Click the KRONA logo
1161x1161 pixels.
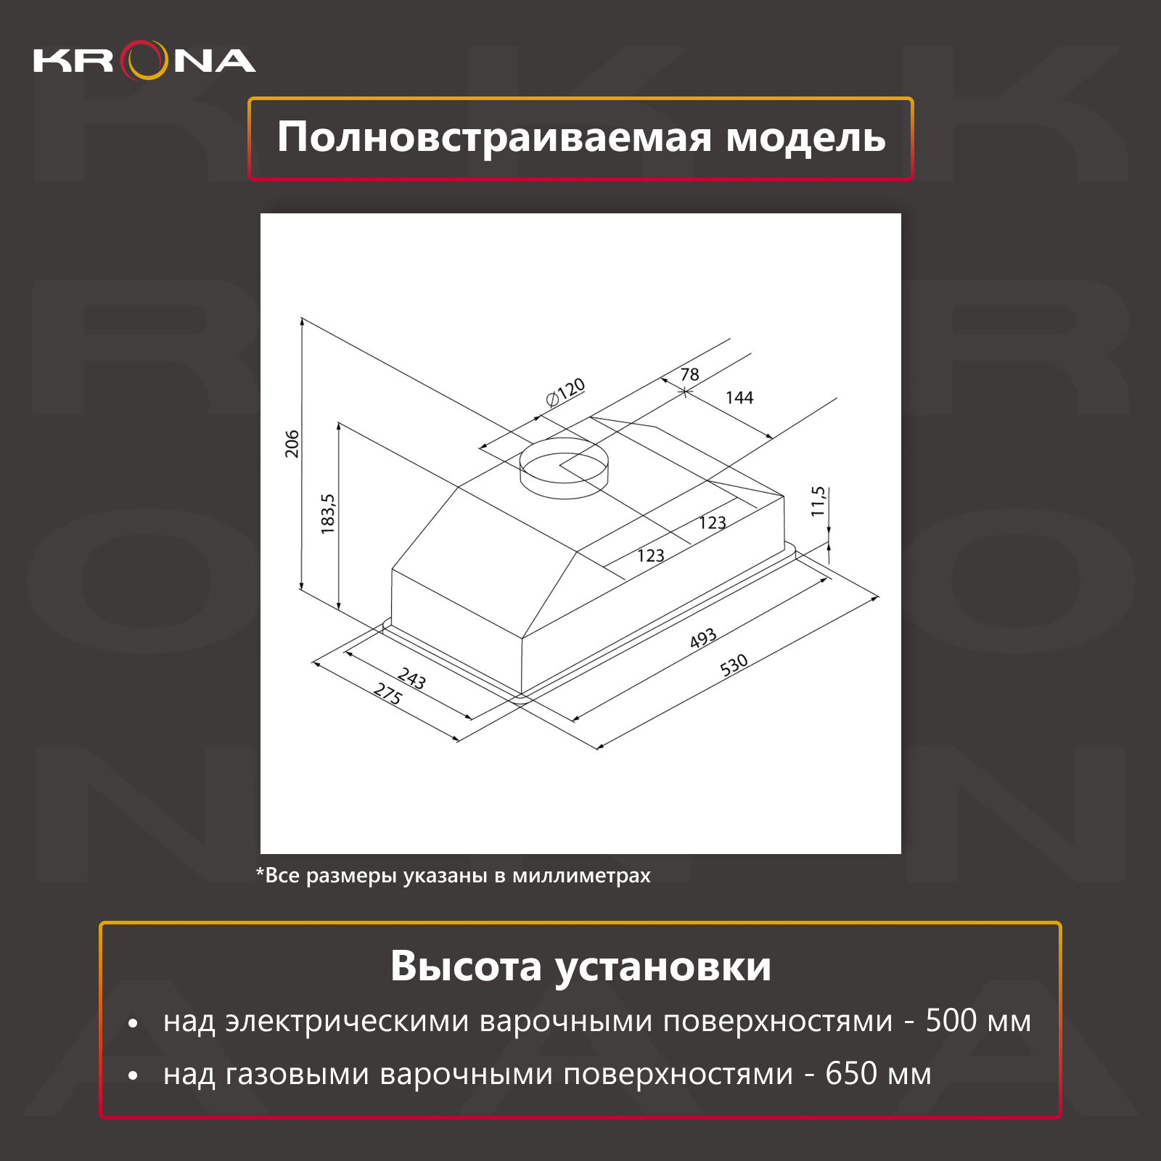point(144,60)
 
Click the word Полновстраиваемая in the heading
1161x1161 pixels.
point(495,138)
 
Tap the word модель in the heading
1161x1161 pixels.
point(806,138)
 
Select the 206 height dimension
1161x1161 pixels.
point(292,444)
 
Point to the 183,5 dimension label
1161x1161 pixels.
point(328,514)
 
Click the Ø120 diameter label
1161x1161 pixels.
point(565,393)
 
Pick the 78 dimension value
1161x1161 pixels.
point(689,374)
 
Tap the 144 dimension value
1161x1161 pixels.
point(739,398)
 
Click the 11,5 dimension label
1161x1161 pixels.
point(819,501)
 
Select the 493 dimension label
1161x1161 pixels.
point(703,639)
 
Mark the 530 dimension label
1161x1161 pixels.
point(734,665)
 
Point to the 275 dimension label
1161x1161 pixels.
point(387,694)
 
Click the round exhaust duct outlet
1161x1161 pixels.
point(564,468)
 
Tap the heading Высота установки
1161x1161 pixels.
point(580,967)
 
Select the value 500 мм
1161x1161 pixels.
point(978,1021)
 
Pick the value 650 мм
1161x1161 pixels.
point(879,1074)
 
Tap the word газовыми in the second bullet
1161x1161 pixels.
point(298,1075)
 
